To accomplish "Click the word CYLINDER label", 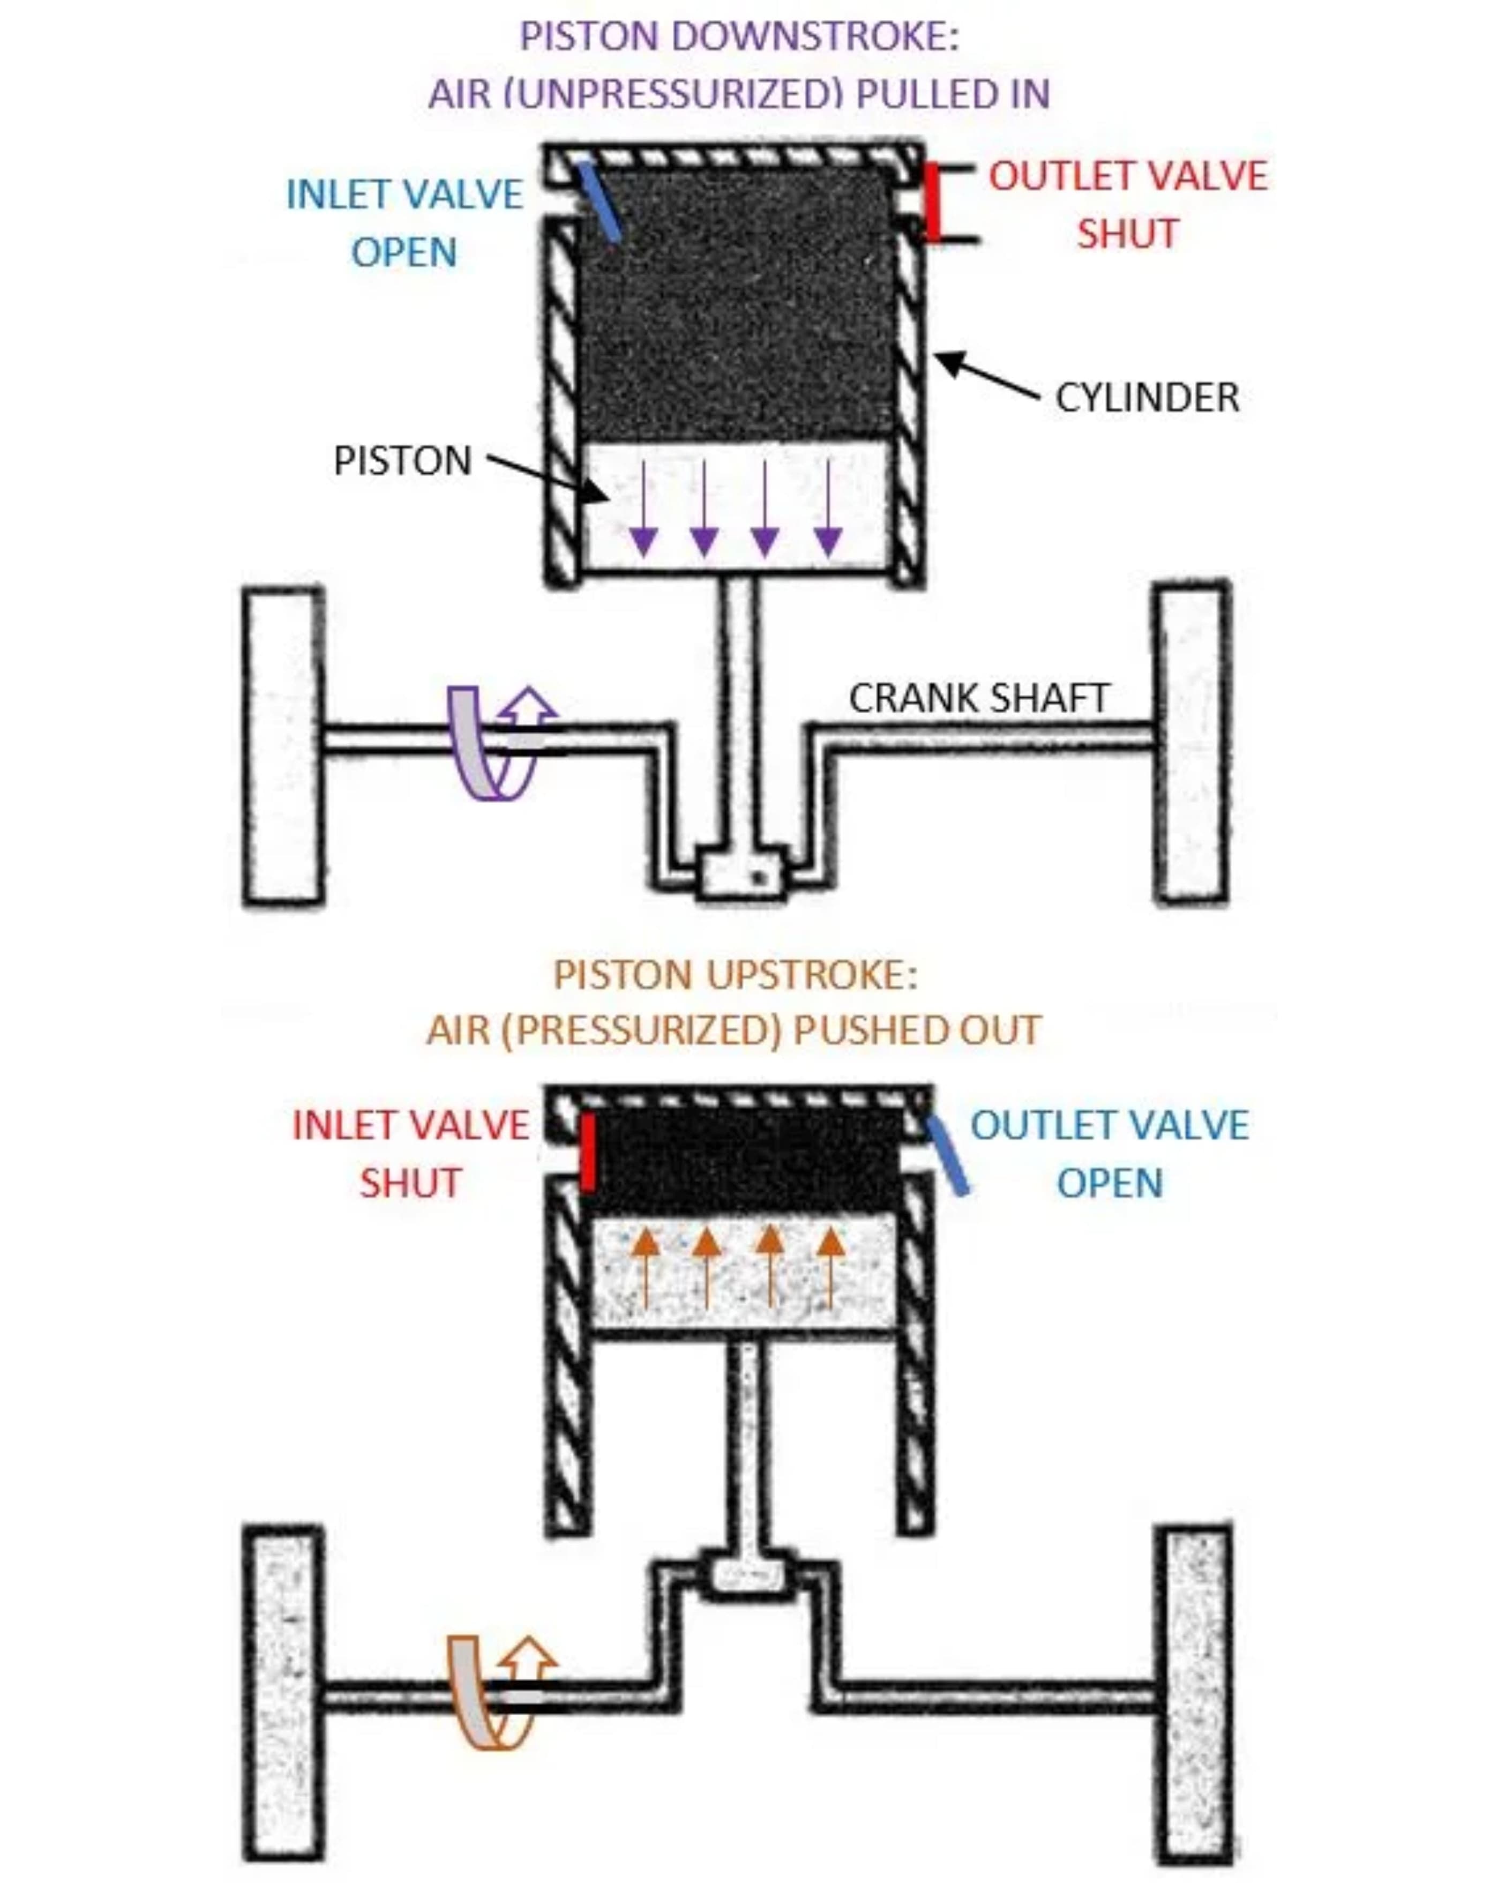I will click(x=1146, y=398).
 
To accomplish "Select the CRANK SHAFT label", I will click(x=978, y=698).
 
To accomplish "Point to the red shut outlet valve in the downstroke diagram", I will click(x=933, y=201).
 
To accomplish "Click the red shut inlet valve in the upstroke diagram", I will click(x=589, y=1151).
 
